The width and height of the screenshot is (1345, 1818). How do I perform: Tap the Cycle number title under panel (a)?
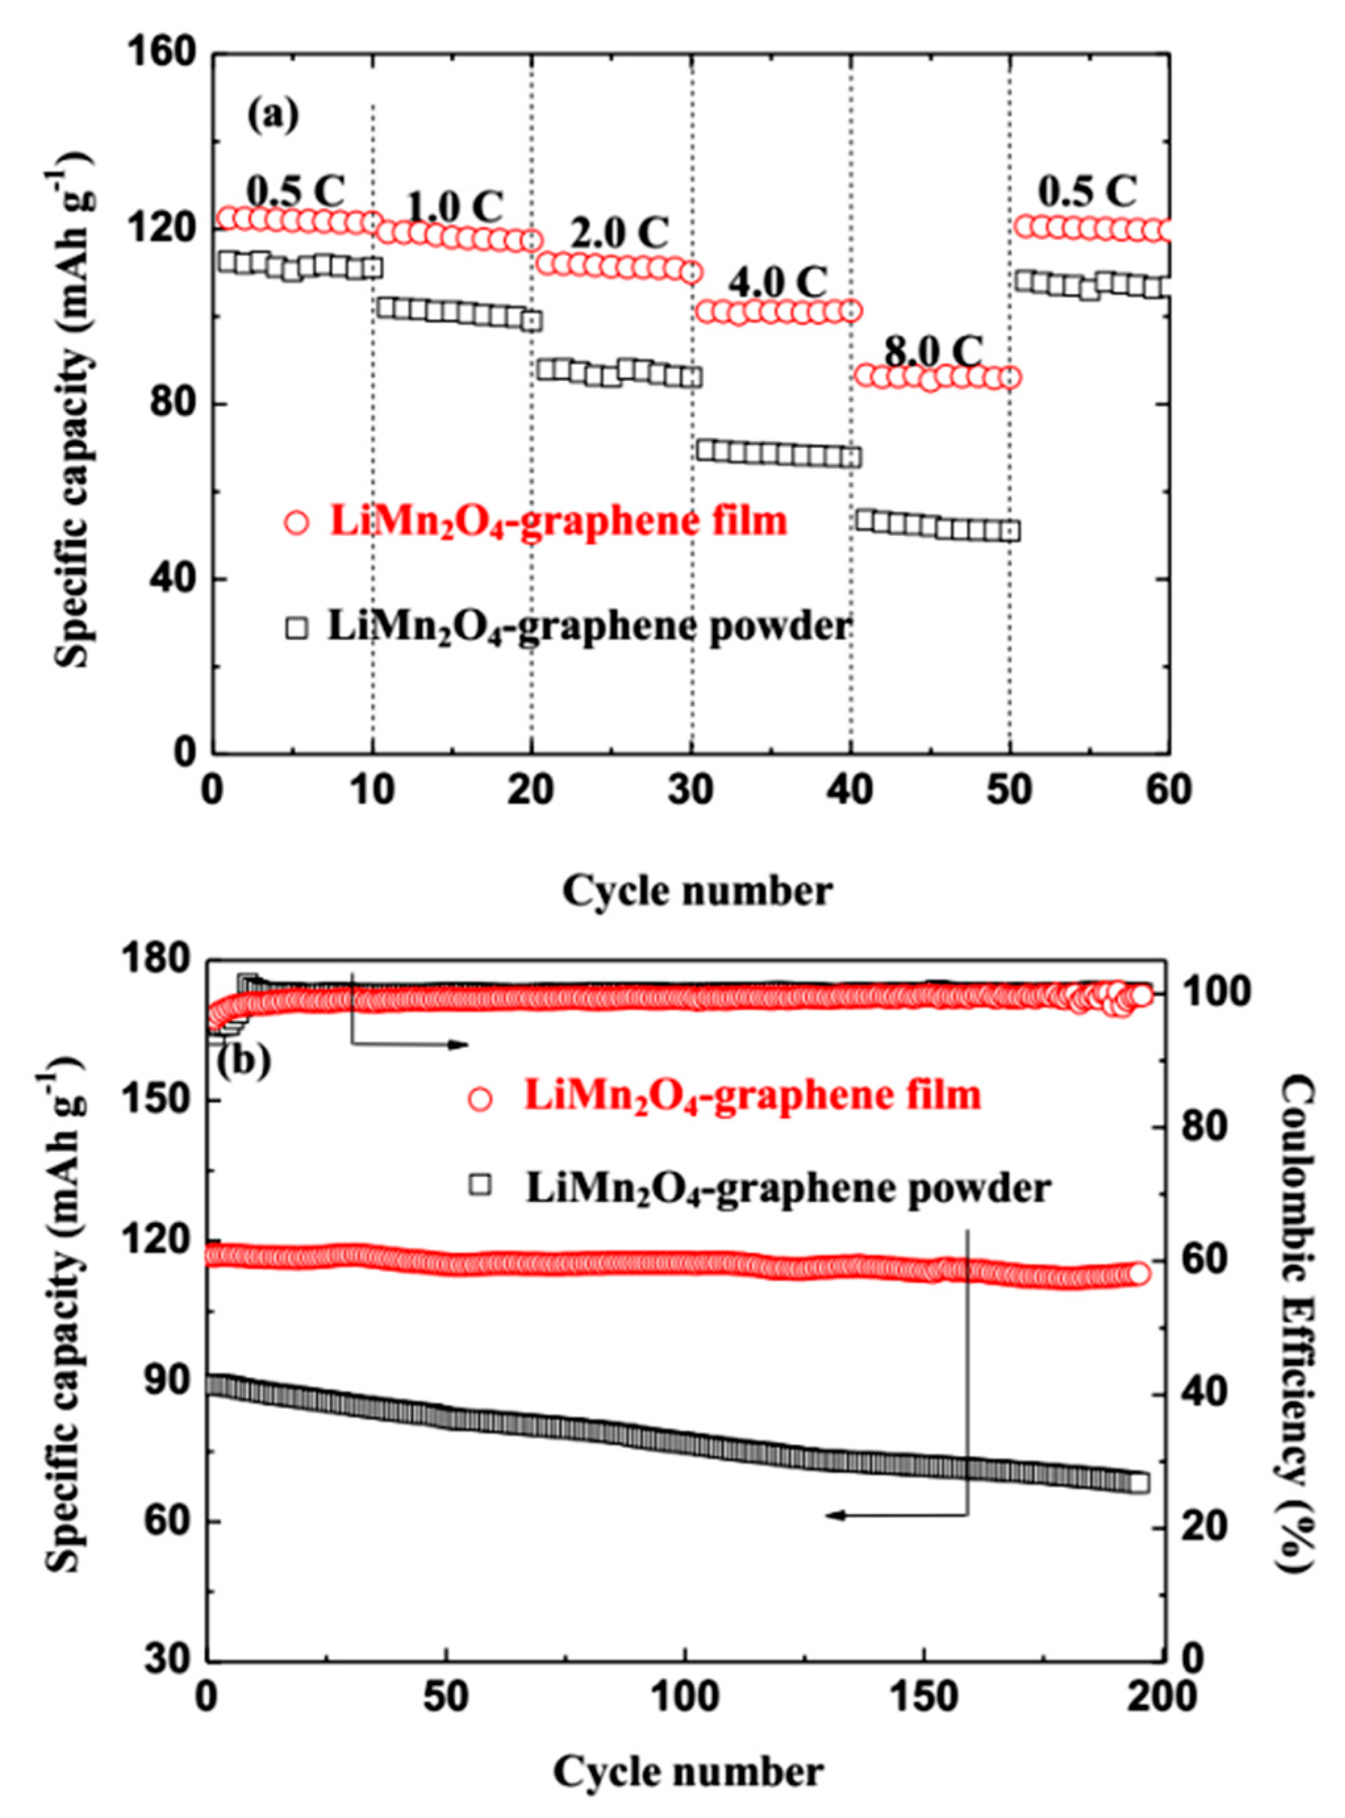(697, 891)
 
